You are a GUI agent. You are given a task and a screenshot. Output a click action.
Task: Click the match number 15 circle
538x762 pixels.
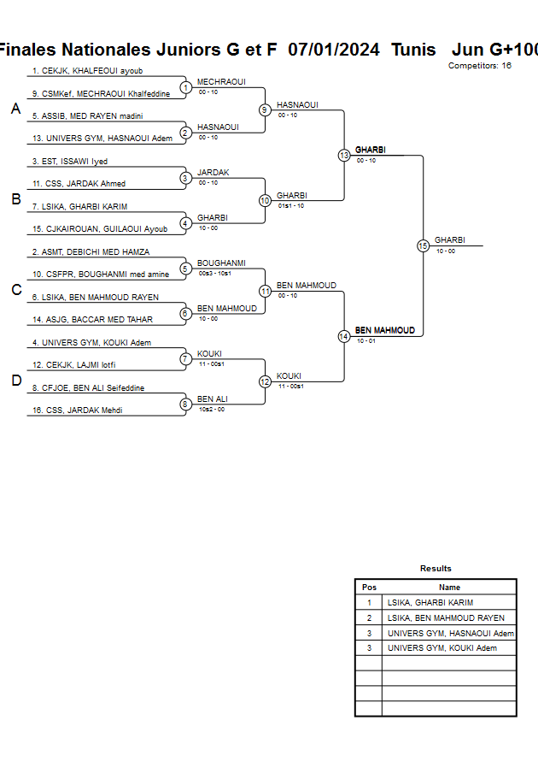(423, 245)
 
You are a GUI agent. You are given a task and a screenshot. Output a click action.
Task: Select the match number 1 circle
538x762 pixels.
(185, 87)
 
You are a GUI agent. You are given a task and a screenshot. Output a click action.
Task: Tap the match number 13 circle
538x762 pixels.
(343, 156)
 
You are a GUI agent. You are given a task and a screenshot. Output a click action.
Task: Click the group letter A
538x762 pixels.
(15, 109)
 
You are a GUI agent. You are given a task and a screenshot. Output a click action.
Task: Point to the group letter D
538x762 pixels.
(15, 381)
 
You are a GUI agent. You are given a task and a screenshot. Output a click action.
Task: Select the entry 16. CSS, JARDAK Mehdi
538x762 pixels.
(77, 411)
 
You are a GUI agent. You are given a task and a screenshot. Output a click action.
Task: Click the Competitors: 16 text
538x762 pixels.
(480, 65)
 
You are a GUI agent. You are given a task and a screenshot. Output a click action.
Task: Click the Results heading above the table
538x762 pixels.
(436, 569)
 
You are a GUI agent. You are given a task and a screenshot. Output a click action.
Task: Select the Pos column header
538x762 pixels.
(369, 588)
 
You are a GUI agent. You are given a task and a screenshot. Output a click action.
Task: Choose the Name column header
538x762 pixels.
(449, 588)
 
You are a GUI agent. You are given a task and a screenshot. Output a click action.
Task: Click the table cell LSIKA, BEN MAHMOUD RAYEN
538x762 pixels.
(446, 618)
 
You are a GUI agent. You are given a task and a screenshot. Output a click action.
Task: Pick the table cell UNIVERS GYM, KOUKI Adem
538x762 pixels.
(442, 648)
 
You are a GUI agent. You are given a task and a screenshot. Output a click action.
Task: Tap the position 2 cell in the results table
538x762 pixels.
(369, 618)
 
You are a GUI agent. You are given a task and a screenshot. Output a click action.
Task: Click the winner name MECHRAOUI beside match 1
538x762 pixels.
(221, 82)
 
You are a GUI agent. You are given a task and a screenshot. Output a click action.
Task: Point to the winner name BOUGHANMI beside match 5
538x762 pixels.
(221, 263)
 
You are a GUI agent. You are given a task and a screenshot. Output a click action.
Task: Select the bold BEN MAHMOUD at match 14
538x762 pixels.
(385, 330)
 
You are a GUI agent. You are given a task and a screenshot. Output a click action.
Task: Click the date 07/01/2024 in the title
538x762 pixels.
(334, 50)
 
